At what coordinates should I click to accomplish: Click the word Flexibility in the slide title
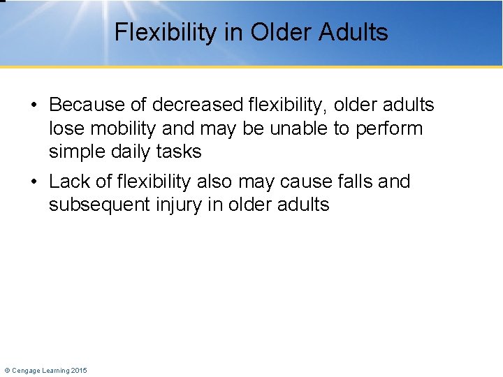point(159,32)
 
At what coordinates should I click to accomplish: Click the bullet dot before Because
point(34,105)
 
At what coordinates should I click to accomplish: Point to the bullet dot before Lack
point(34,182)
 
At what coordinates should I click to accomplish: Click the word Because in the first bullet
point(87,105)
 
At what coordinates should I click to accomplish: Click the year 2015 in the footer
point(78,370)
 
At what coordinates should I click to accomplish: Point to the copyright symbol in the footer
point(7,370)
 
